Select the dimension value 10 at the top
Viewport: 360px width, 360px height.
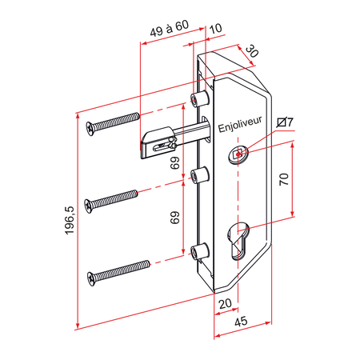[216, 30]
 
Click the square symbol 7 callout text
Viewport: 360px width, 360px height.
[285, 122]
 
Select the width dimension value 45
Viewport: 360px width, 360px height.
[239, 322]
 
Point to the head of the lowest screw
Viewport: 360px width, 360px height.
[93, 277]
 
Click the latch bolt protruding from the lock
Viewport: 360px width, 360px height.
[160, 142]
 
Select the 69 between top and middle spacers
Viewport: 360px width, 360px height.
[175, 163]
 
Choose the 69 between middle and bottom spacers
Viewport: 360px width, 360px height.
[175, 218]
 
